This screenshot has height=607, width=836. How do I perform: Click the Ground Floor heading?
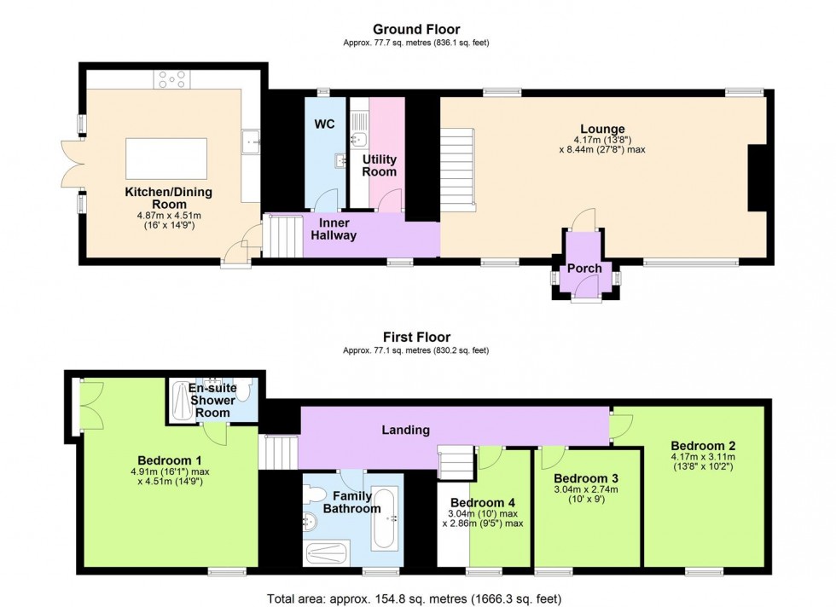pyautogui.click(x=416, y=30)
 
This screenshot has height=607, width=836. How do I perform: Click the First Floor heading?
pyautogui.click(x=416, y=337)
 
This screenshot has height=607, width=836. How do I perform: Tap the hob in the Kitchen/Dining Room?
pyautogui.click(x=171, y=78)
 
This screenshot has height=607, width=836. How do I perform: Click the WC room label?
pyautogui.click(x=324, y=124)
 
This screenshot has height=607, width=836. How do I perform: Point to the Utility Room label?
pyautogui.click(x=380, y=165)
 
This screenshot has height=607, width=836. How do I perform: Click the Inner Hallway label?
pyautogui.click(x=333, y=228)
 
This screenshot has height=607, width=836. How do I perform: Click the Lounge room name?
pyautogui.click(x=604, y=130)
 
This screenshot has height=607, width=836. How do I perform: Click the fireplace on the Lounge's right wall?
pyautogui.click(x=757, y=177)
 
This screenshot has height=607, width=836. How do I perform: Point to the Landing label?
pyautogui.click(x=405, y=430)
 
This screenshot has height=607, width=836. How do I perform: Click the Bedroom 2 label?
pyautogui.click(x=702, y=445)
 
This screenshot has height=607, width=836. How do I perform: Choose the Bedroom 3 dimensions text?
pyautogui.click(x=586, y=495)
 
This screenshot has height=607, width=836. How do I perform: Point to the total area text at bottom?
pyautogui.click(x=415, y=598)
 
